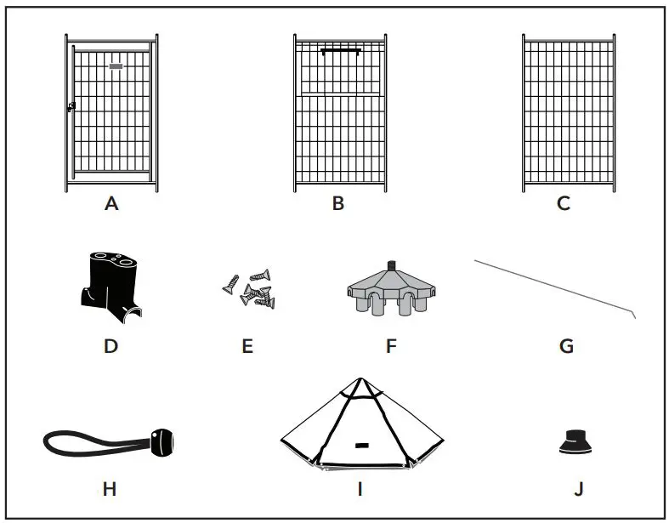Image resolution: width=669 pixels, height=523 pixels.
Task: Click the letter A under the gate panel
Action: (x=111, y=204)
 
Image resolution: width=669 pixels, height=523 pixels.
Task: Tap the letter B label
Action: (x=338, y=204)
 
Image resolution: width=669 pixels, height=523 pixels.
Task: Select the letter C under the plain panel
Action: (x=564, y=204)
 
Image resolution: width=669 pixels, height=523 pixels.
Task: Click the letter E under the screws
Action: (x=247, y=346)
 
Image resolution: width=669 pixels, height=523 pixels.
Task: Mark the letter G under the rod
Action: (x=567, y=346)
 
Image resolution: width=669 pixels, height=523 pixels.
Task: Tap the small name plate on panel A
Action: (x=116, y=65)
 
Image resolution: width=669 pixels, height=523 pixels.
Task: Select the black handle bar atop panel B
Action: (x=340, y=51)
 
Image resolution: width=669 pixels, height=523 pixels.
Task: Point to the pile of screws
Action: (x=253, y=289)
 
